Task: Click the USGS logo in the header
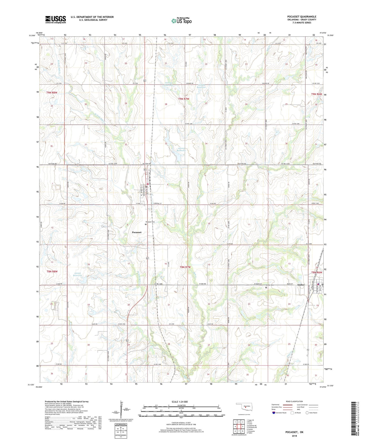click(x=56, y=19)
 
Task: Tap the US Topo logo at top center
click(x=181, y=21)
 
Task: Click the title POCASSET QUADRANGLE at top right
click(x=302, y=17)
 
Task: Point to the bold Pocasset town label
click(x=137, y=232)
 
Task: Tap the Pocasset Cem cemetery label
click(x=150, y=222)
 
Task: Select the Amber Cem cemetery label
click(x=269, y=285)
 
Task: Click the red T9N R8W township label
click(x=52, y=93)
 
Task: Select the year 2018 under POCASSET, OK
click(x=294, y=435)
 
